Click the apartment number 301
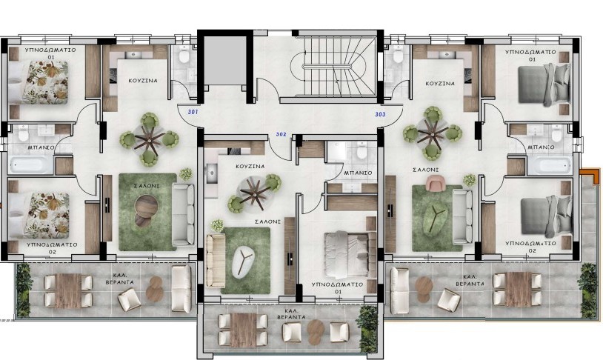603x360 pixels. click(193, 112)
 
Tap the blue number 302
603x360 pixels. click(281, 134)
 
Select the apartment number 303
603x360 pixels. click(380, 114)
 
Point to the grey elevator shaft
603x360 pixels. click(224, 61)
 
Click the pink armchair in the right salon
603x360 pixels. click(435, 182)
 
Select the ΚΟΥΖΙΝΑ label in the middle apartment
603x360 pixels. click(250, 167)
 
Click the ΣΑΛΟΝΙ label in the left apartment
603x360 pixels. click(147, 186)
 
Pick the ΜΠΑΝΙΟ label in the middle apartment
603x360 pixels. click(358, 173)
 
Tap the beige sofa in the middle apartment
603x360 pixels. click(216, 261)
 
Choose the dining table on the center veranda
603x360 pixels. click(244, 329)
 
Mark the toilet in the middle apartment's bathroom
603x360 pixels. click(362, 150)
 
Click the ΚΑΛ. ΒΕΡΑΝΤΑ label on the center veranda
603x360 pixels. click(291, 313)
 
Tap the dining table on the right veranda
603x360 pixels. click(518, 290)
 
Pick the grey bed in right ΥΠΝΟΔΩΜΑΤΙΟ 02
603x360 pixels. click(546, 216)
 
